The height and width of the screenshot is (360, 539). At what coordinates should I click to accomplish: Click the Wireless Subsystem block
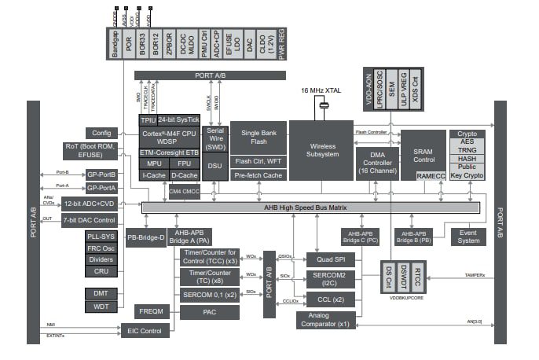click(x=321, y=149)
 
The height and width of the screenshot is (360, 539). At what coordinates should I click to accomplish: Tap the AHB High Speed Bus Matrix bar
click(x=310, y=208)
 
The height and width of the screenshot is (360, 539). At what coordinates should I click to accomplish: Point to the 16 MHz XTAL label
click(x=321, y=91)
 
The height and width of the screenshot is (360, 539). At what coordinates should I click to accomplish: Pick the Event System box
click(x=468, y=236)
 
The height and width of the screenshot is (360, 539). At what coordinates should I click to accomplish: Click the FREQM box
click(x=150, y=311)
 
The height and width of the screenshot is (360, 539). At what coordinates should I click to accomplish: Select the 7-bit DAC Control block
click(x=90, y=221)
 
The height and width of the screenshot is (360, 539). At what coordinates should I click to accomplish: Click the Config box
click(x=101, y=133)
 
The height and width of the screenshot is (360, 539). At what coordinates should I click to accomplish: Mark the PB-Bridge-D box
click(x=145, y=237)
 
